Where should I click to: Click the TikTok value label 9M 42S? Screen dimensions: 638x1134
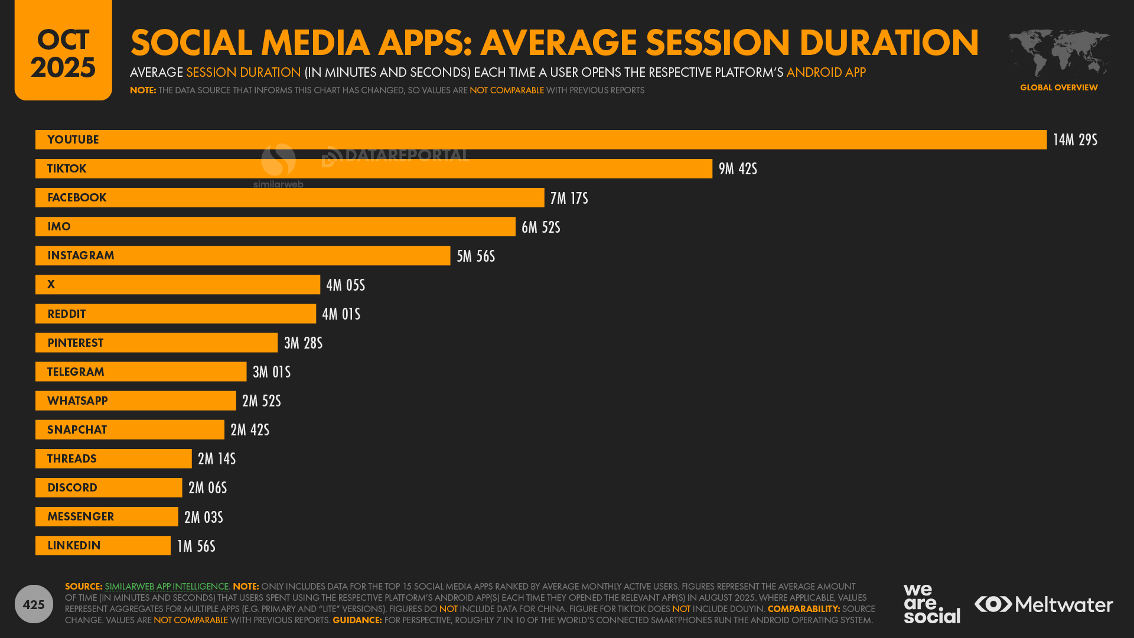pos(738,169)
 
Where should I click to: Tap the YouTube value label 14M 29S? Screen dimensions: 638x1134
pos(1075,140)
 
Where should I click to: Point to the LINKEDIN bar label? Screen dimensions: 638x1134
pos(74,546)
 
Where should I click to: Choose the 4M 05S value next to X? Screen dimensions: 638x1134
pos(346,285)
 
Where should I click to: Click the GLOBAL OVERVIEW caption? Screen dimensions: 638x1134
pos(1058,87)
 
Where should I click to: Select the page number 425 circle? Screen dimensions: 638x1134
pos(34,604)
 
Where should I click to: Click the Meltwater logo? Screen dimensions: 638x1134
pos(1044,604)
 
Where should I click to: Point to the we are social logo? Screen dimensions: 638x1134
pos(931,603)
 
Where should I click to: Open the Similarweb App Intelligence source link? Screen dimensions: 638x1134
pos(167,587)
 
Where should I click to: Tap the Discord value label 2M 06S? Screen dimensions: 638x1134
pos(207,488)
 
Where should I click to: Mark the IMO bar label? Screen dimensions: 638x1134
pos(59,227)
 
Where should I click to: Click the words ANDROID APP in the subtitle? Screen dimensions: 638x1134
pos(826,73)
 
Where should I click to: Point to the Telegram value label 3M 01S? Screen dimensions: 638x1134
pos(272,372)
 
